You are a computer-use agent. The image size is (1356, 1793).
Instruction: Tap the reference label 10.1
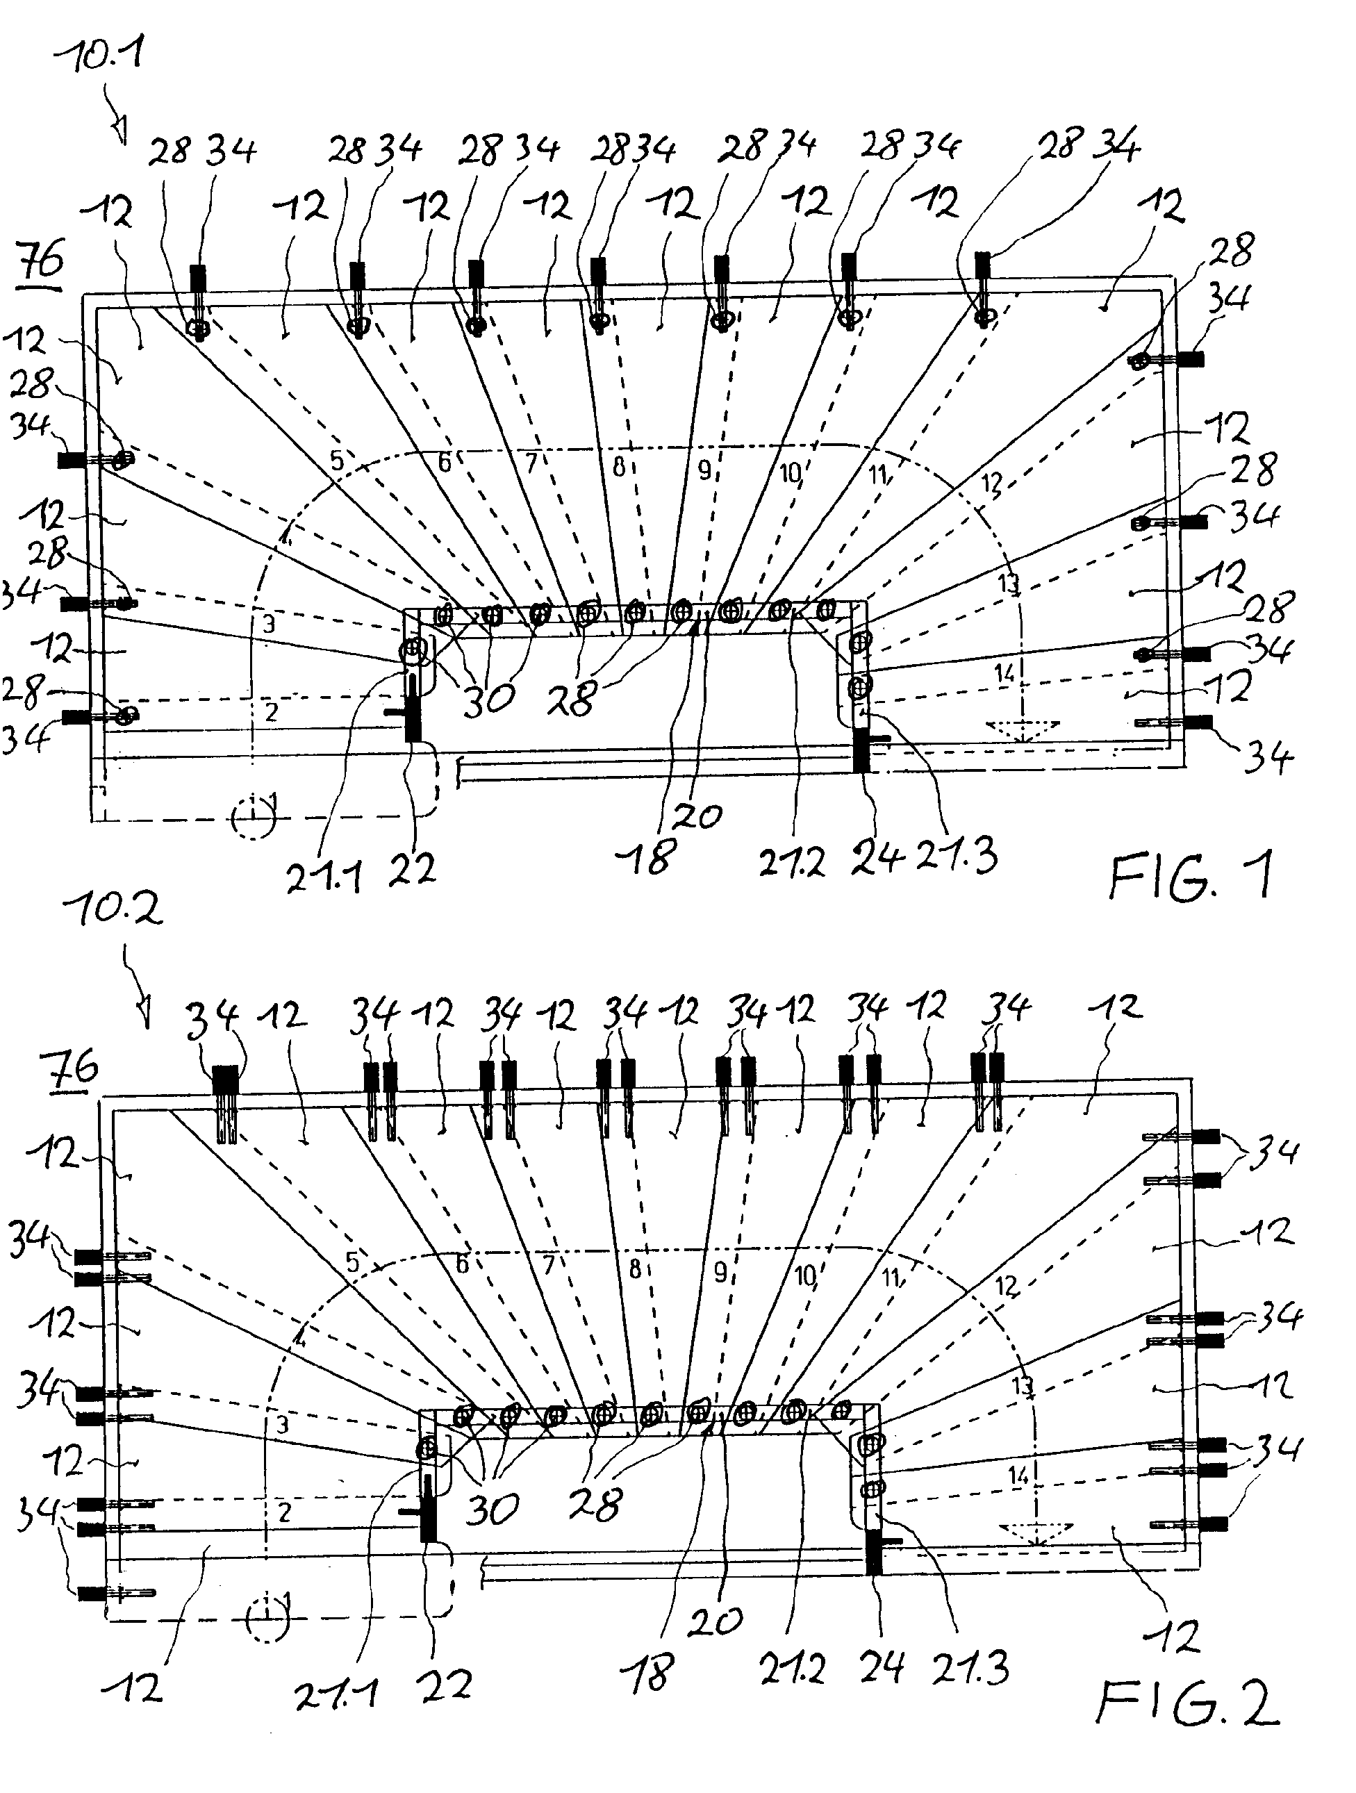click(x=99, y=59)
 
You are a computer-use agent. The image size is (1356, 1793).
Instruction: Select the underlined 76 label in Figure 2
click(x=74, y=1070)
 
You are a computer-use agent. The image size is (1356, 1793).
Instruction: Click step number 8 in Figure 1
click(x=619, y=467)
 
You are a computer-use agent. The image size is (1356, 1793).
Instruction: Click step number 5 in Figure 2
click(x=352, y=1262)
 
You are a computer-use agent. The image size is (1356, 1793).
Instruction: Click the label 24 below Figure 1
click(x=877, y=860)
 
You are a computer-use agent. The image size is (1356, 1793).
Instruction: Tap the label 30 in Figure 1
click(x=490, y=700)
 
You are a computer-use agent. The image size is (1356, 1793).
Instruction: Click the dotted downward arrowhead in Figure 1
click(x=1023, y=729)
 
